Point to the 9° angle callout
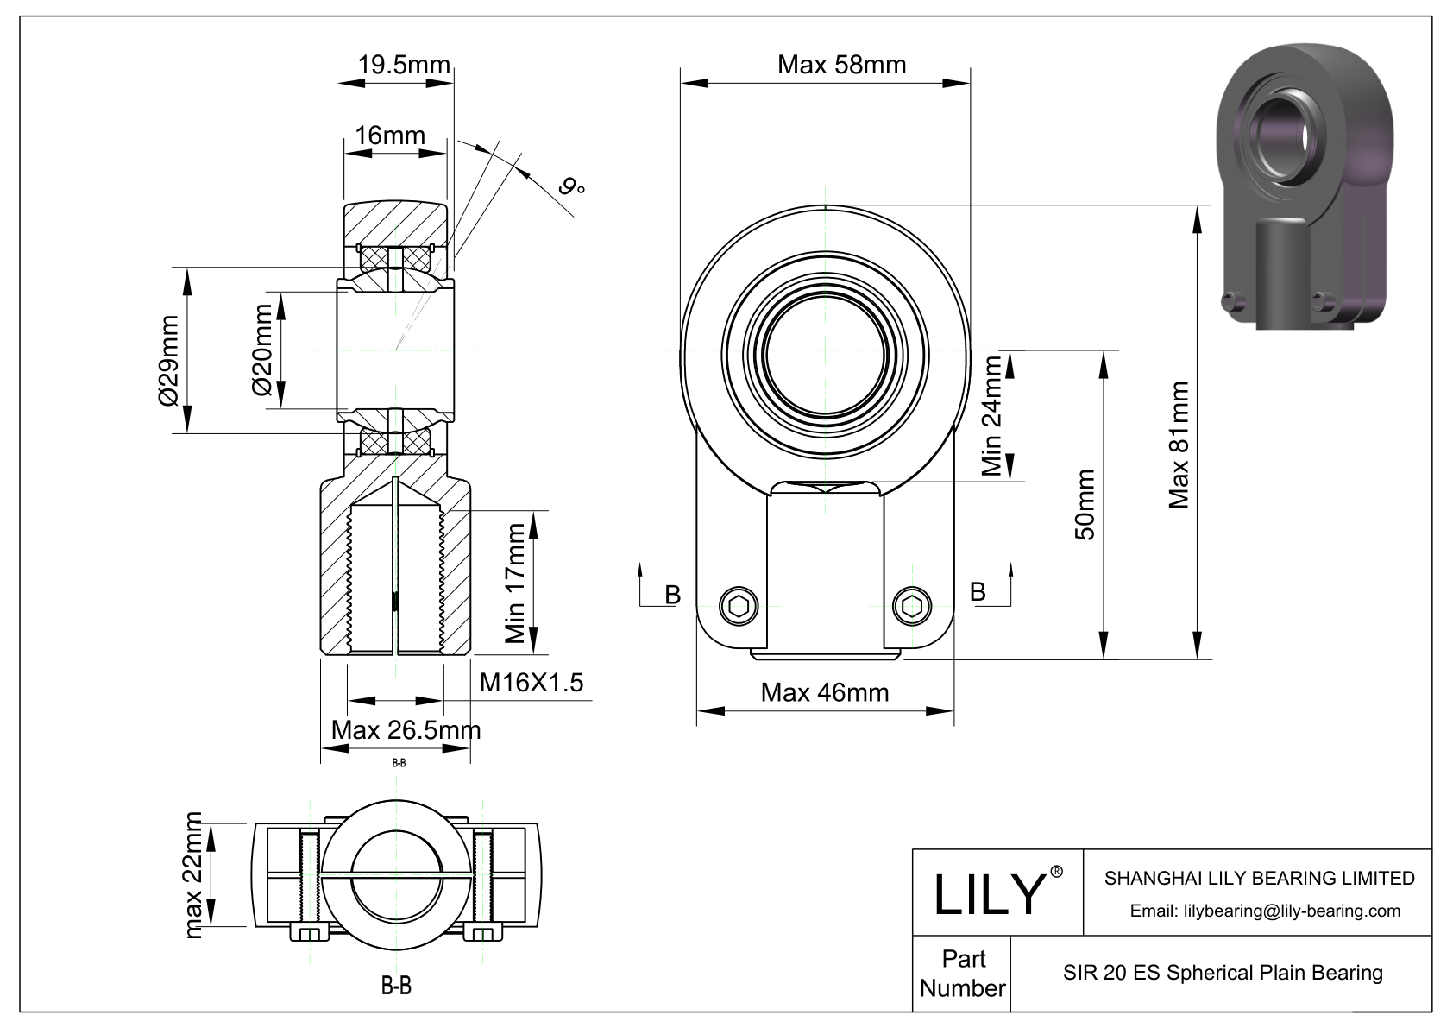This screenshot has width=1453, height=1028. [571, 186]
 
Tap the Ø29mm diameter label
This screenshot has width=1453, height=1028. [168, 360]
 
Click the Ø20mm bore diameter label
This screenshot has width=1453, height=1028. [262, 350]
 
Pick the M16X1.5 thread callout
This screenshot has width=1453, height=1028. [532, 683]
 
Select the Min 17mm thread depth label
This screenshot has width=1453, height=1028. [515, 583]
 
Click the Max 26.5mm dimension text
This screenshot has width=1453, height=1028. [406, 730]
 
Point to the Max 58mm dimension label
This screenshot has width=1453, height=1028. [841, 65]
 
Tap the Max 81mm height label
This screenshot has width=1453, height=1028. [1179, 445]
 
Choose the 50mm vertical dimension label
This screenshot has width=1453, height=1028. [1085, 505]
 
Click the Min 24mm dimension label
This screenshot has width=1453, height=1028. [992, 416]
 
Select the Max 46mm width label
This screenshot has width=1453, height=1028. [824, 692]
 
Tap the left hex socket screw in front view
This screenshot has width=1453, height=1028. [739, 606]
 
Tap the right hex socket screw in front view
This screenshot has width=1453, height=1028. [911, 606]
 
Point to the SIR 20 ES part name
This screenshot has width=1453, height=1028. [1223, 973]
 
